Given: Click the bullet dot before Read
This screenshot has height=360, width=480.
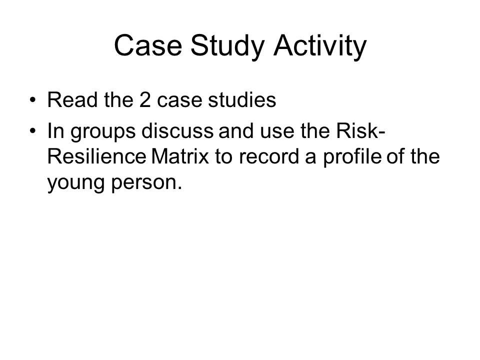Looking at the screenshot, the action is [33, 100].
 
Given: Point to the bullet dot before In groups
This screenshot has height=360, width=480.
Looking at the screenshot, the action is [33, 130].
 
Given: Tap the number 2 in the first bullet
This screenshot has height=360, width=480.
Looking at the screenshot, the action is [145, 100].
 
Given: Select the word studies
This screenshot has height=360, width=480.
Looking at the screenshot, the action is [242, 100].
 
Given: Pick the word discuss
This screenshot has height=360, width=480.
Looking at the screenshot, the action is [177, 130].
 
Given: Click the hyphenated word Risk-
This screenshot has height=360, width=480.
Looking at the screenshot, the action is [360, 130].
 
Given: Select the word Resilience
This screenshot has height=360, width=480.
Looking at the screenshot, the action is [96, 156].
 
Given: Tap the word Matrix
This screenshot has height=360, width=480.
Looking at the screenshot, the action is [180, 156].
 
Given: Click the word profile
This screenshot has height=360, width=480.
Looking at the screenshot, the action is [352, 158].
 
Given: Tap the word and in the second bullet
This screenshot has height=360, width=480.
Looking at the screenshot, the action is [236, 130].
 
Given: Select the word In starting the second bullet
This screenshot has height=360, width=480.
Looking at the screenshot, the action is [56, 130].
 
